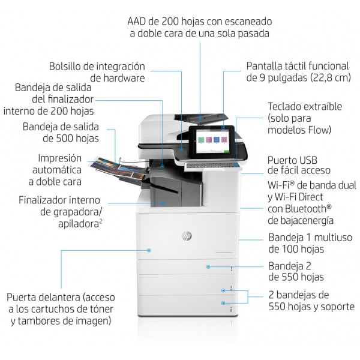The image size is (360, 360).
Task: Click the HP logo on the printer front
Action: click(x=187, y=236)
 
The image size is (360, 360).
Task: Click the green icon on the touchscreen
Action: click(x=201, y=140)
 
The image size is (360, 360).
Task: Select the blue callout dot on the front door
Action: click(x=149, y=250)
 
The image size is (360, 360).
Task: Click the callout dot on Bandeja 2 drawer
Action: click(x=208, y=267)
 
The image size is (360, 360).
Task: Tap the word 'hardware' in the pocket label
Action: click(x=118, y=78)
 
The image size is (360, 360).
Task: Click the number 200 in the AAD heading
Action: click(x=170, y=22)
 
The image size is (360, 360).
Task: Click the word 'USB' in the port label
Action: click(x=307, y=160)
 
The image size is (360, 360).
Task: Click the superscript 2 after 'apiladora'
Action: click(x=101, y=221)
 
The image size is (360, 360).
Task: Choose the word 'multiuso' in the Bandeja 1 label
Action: click(x=333, y=238)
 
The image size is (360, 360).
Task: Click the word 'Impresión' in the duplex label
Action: click(x=59, y=158)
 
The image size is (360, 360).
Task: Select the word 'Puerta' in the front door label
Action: click(x=21, y=297)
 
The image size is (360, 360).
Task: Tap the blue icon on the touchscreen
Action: click(x=217, y=140)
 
